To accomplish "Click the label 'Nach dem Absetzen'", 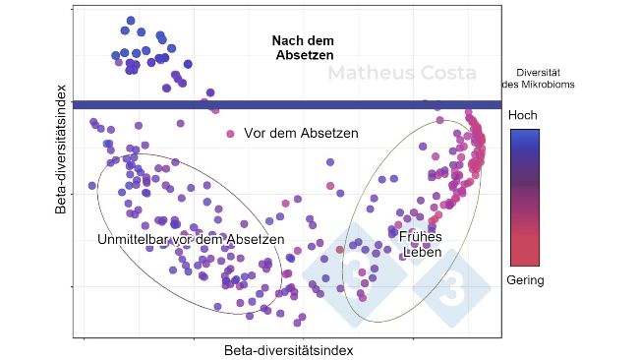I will pos(304,48).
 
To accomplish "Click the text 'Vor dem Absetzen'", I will pos(301,133).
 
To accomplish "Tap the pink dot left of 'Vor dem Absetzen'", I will pos(231,133).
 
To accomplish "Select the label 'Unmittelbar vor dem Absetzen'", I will pos(191,239).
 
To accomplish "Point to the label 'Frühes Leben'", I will pos(420,243).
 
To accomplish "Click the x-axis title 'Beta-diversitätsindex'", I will pos(288,350).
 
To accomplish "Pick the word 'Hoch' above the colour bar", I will pos(522,115).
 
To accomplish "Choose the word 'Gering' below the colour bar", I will pos(525,280).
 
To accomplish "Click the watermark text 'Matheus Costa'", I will pos(401,74).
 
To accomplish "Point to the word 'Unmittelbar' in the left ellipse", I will pos(133,239).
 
